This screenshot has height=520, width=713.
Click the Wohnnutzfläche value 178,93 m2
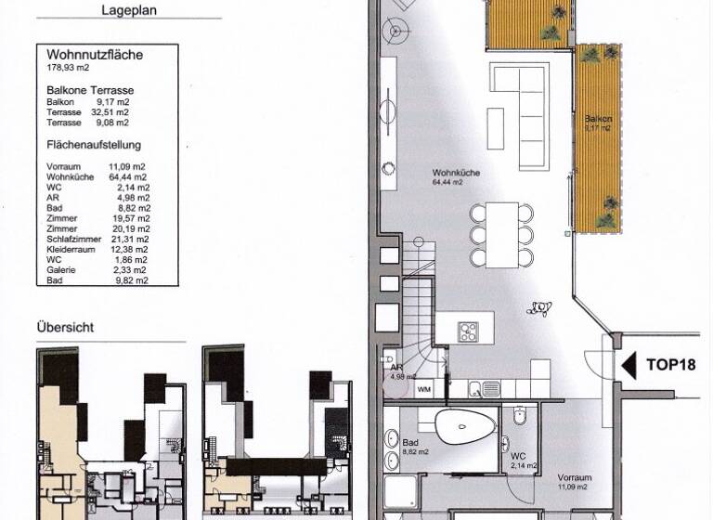pos(68,66)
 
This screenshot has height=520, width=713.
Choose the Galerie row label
pos(60,269)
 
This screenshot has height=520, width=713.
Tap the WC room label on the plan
pos(518,457)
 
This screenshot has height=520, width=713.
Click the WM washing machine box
pos(424,389)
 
